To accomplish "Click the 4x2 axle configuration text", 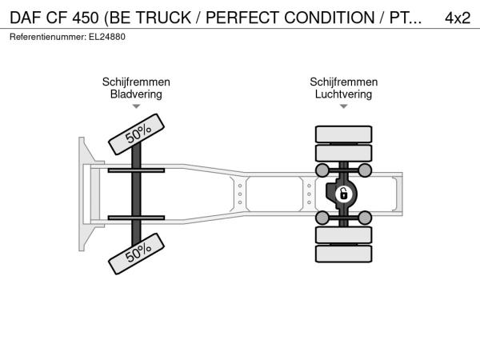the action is pyautogui.click(x=458, y=18).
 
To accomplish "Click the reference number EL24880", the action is pyautogui.click(x=107, y=37).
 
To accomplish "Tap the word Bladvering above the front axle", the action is pyautogui.click(x=136, y=94).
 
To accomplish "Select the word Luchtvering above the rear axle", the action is pyautogui.click(x=343, y=94).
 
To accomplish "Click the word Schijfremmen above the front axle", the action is pyautogui.click(x=136, y=82).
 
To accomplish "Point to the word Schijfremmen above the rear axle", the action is pyautogui.click(x=344, y=82).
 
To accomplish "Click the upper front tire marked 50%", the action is pyautogui.click(x=137, y=134).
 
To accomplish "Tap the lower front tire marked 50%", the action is pyautogui.click(x=137, y=254).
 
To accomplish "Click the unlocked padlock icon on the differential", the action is pyautogui.click(x=343, y=194).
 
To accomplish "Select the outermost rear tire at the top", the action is pyautogui.click(x=343, y=134).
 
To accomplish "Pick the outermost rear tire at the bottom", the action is pyautogui.click(x=343, y=254).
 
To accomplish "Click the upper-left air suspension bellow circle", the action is pyautogui.click(x=322, y=170).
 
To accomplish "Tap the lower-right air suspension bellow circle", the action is pyautogui.click(x=365, y=218).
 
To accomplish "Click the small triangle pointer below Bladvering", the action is pyautogui.click(x=136, y=106).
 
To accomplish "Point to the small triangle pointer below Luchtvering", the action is pyautogui.click(x=343, y=106).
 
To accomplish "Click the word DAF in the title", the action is pyautogui.click(x=26, y=18).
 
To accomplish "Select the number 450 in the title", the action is pyautogui.click(x=86, y=18).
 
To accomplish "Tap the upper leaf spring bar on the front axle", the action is pyautogui.click(x=136, y=170).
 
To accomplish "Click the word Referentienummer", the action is pyautogui.click(x=48, y=37).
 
